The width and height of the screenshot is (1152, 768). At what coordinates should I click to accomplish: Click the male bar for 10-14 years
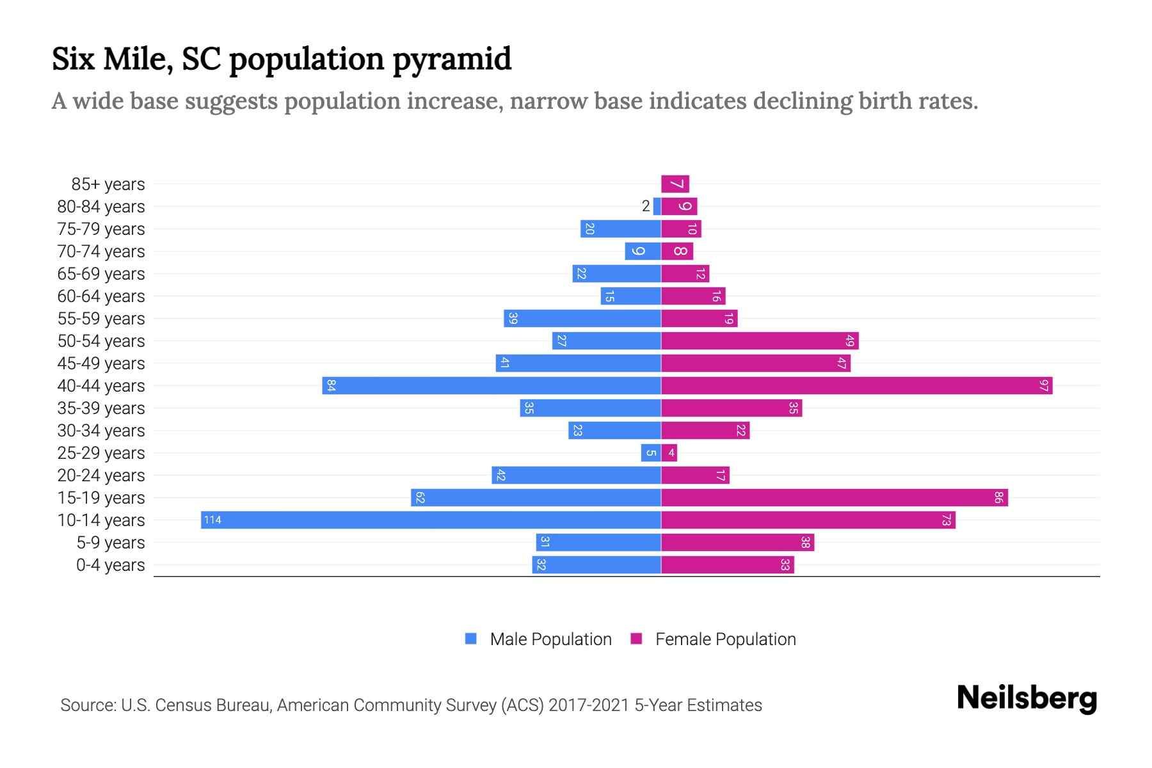(x=431, y=520)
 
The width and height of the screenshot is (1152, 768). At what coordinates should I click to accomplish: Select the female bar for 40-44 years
(x=856, y=385)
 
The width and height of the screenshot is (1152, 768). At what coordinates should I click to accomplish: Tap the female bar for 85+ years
(x=675, y=184)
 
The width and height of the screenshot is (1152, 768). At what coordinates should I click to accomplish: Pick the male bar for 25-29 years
(x=651, y=452)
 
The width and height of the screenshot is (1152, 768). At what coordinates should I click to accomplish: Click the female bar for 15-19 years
(x=834, y=497)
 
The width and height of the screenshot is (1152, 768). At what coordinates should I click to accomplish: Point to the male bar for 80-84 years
(x=657, y=206)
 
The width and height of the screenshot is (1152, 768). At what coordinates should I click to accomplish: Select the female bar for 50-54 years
(x=760, y=340)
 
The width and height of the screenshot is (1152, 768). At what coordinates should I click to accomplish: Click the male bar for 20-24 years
(x=576, y=475)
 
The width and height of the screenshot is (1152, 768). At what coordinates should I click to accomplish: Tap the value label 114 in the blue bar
(x=212, y=520)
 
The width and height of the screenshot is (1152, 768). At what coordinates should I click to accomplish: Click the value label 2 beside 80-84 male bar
(x=646, y=206)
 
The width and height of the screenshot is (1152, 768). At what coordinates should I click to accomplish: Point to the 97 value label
(x=1044, y=385)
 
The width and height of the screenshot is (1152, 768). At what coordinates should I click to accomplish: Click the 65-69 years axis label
(x=101, y=273)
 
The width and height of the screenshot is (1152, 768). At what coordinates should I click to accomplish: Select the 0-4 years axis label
(x=110, y=564)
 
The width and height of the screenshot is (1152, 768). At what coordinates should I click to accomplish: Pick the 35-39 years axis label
(x=101, y=408)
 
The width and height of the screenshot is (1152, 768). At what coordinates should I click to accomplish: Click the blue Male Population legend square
(x=471, y=639)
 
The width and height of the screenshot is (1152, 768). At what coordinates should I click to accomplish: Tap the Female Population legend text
(x=725, y=639)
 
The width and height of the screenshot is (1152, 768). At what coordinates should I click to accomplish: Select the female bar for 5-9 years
(x=737, y=542)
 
